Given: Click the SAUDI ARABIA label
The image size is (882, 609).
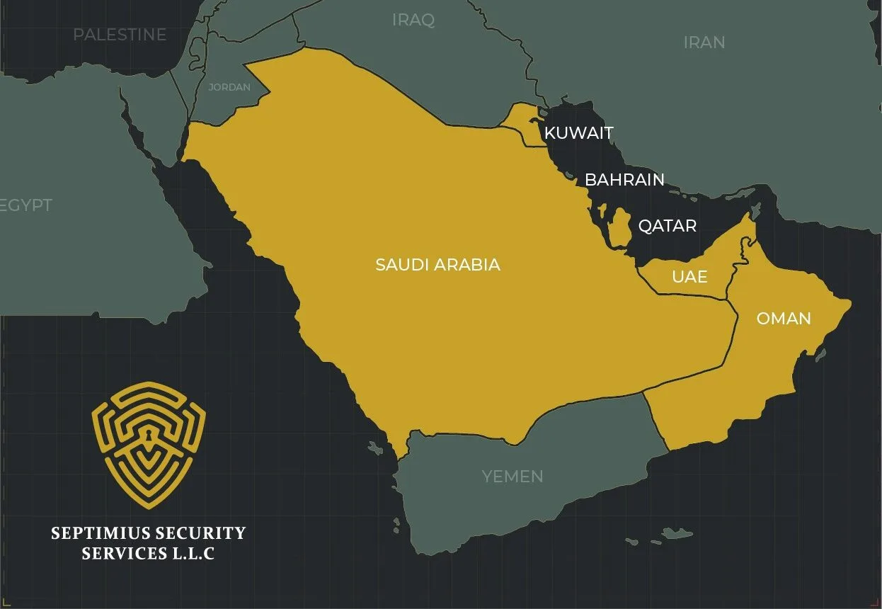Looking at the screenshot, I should (437, 265).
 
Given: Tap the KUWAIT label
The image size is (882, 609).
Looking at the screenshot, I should (578, 132).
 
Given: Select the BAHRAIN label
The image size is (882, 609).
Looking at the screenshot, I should (624, 180).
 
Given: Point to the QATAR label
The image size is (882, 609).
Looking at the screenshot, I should (667, 226).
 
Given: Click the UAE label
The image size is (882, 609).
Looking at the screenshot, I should (689, 276).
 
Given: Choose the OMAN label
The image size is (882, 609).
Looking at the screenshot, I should (784, 319).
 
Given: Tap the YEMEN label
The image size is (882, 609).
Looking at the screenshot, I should (512, 477).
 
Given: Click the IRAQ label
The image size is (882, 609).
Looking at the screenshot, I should (413, 20).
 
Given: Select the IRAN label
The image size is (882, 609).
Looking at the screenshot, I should (704, 42).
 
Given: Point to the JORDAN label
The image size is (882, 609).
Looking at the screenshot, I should (229, 87).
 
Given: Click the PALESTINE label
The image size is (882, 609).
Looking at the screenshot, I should (120, 34).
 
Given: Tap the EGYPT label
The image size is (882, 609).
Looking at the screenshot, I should (27, 205).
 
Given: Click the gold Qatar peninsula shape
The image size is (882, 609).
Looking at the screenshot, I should (621, 227).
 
